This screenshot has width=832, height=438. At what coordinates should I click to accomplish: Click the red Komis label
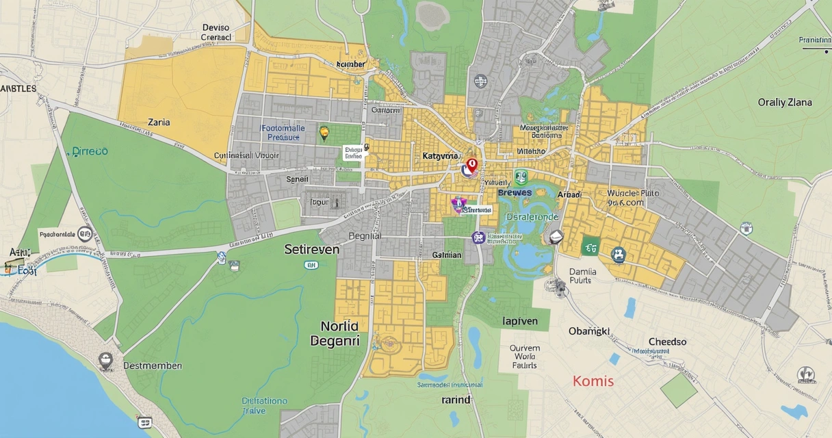pyautogui.click(x=593, y=381)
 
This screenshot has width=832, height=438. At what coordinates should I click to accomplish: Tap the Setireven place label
pyautogui.click(x=311, y=250)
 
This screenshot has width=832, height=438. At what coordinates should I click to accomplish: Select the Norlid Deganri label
pyautogui.click(x=335, y=333)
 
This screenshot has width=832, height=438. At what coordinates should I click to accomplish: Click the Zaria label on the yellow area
pyautogui.click(x=159, y=123)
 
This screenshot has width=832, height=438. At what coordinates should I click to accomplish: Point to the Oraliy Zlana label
pyautogui.click(x=785, y=103)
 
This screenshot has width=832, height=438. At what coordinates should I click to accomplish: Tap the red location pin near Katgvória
pyautogui.click(x=471, y=165)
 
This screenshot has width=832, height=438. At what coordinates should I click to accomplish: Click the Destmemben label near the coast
pyautogui.click(x=153, y=365)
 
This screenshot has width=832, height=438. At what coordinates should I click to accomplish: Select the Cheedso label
pyautogui.click(x=667, y=342)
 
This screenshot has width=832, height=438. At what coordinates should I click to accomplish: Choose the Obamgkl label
pyautogui.click(x=588, y=331)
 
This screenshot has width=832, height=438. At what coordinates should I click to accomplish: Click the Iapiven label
pyautogui.click(x=520, y=321)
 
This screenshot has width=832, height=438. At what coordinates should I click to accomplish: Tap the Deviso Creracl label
pyautogui.click(x=216, y=33)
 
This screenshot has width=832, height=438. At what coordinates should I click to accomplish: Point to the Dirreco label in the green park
pyautogui.click(x=90, y=151)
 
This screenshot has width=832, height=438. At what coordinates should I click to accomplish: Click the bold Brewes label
pyautogui.click(x=515, y=193)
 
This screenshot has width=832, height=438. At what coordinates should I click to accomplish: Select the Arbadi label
pyautogui.click(x=569, y=194)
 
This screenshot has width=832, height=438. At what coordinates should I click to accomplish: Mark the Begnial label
pyautogui.click(x=364, y=235)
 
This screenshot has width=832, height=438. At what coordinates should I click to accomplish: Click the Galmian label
pyautogui.click(x=447, y=255)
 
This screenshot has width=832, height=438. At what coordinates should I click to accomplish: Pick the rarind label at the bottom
pyautogui.click(x=456, y=400)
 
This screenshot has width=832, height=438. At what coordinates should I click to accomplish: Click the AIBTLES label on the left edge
pyautogui.click(x=18, y=89)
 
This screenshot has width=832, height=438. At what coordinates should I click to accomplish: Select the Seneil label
pyautogui.click(x=297, y=179)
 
